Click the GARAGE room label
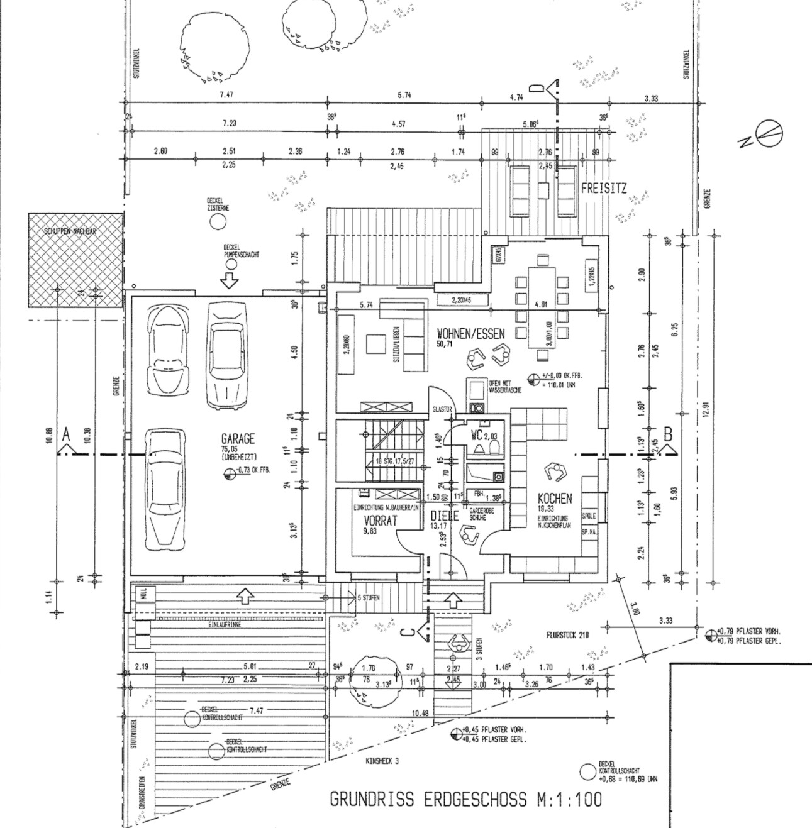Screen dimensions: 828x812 238,439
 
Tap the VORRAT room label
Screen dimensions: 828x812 382,521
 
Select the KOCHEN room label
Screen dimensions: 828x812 555,499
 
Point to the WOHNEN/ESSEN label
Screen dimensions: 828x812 470,334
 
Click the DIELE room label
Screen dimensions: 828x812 445,517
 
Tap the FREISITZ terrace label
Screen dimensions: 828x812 604,188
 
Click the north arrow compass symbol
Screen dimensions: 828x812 769,133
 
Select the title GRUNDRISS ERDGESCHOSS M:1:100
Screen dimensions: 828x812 465,799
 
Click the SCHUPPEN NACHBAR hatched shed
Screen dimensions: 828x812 75,260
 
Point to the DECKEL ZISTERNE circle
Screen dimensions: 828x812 218,221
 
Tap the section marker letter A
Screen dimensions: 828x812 66,434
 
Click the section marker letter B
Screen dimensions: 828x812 668,434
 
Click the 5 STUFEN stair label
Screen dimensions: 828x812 367,597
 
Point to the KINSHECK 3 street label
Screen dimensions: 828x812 382,761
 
